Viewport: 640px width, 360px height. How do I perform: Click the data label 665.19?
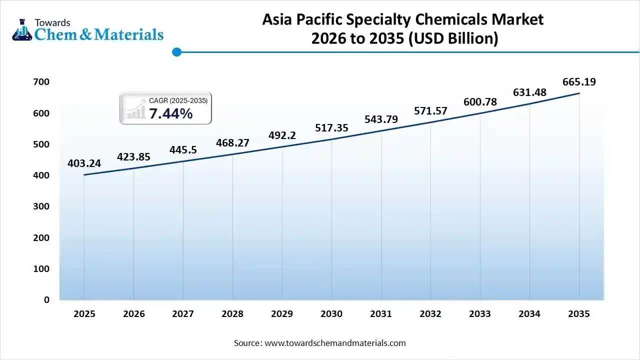(579, 82)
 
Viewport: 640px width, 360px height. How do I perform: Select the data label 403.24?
(84, 163)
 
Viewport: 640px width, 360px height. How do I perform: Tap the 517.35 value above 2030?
(331, 128)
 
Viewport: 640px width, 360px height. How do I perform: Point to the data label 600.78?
(480, 102)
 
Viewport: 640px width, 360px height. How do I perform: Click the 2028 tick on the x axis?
(232, 314)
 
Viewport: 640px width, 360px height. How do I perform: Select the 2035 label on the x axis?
(579, 314)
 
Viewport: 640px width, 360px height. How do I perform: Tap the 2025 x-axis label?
(84, 314)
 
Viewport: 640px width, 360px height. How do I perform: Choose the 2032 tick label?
(430, 314)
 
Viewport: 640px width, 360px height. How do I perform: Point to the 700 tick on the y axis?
(42, 82)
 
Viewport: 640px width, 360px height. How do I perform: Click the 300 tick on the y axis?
(42, 206)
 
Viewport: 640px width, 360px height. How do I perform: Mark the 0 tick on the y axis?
(46, 300)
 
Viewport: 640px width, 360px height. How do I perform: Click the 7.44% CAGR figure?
(170, 114)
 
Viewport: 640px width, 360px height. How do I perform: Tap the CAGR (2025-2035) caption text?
(178, 101)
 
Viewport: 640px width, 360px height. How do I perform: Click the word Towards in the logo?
(52, 22)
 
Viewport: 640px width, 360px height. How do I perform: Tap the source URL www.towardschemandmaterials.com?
(334, 343)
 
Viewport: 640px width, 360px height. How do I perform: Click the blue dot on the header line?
(176, 51)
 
